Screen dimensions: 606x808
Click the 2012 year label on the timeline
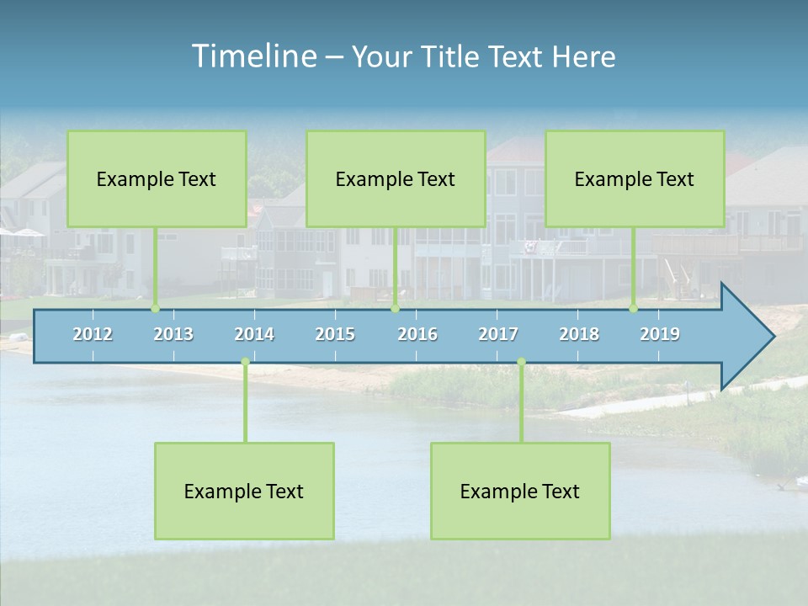(x=93, y=334)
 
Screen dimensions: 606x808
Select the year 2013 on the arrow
(x=173, y=334)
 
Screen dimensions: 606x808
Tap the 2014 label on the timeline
(x=254, y=334)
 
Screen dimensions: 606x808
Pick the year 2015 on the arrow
(x=335, y=334)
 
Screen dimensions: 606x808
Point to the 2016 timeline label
(x=417, y=334)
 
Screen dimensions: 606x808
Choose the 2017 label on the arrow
(x=498, y=334)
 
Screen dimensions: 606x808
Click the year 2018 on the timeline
(x=579, y=334)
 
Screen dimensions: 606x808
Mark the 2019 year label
(x=660, y=334)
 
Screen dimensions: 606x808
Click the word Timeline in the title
(x=253, y=56)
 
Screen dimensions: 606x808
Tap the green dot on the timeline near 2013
(x=155, y=309)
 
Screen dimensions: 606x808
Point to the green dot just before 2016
(x=395, y=309)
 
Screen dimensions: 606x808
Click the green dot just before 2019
(x=634, y=309)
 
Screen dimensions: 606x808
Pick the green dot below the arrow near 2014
(x=245, y=362)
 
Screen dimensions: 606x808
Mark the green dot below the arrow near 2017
(x=521, y=362)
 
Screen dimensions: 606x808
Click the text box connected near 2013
(x=157, y=178)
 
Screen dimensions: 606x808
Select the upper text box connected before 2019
(x=635, y=178)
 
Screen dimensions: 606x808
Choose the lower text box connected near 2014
(x=244, y=491)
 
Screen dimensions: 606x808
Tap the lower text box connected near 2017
(x=520, y=491)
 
